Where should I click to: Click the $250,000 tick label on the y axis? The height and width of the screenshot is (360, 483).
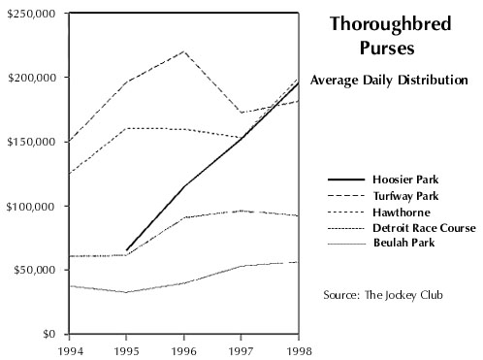point(31,14)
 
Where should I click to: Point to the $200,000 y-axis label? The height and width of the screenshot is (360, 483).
point(31,78)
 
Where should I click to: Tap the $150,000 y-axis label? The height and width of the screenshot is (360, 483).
point(31,142)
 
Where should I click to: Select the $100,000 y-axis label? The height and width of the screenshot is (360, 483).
point(31,206)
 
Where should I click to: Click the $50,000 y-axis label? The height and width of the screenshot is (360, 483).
point(34,270)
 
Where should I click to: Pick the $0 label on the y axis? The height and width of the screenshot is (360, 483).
point(49,334)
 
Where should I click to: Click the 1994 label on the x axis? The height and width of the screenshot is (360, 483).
point(70,351)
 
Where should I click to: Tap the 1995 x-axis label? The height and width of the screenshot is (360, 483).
point(126,351)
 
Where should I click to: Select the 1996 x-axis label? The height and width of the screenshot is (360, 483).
point(183,351)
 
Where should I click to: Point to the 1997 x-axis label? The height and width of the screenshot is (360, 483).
point(241,351)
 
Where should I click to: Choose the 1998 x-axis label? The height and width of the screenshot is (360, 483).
point(299,351)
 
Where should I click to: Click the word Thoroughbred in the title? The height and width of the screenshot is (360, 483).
point(391,24)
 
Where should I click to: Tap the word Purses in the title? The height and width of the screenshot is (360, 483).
point(387,49)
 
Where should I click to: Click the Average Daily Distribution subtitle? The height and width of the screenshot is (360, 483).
point(389,80)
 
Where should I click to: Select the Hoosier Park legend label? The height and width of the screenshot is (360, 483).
point(405,180)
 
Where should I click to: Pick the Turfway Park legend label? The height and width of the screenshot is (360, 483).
point(406,196)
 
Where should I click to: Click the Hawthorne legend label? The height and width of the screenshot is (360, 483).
point(402,213)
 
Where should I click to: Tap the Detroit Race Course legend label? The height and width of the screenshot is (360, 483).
point(424,228)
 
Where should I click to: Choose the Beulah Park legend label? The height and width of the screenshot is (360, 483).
point(404,243)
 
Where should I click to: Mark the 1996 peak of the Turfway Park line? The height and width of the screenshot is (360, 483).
point(184,51)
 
